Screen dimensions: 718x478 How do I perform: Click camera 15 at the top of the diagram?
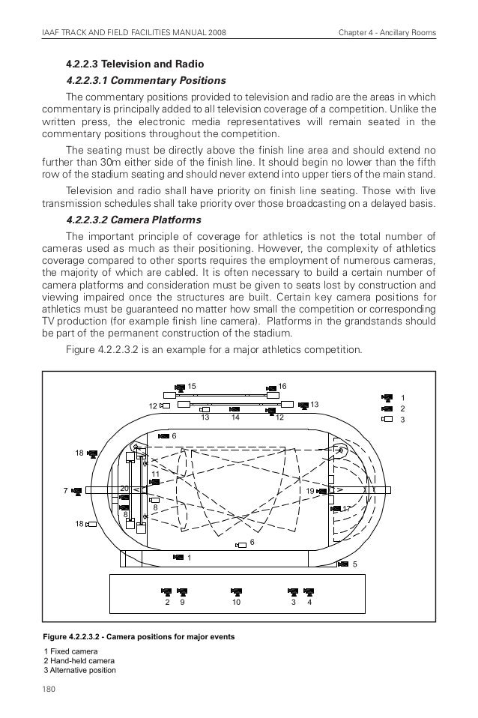point(180,387)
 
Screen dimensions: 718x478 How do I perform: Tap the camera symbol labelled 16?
point(272,387)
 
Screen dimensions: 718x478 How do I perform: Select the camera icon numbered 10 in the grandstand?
point(237,591)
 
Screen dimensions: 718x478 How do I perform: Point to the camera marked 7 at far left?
point(76,491)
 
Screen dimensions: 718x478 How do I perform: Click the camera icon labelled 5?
point(342,564)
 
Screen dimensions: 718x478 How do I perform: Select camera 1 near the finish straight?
point(178,557)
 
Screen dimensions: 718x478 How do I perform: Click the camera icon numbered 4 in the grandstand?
point(309,591)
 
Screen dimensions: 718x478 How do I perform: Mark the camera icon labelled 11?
point(154,483)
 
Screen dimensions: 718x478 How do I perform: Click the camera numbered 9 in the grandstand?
point(182,591)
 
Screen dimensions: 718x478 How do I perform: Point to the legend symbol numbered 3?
point(387,419)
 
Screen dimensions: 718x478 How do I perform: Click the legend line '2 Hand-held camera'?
point(80,661)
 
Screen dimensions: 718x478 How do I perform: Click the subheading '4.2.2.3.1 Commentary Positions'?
point(146,79)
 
